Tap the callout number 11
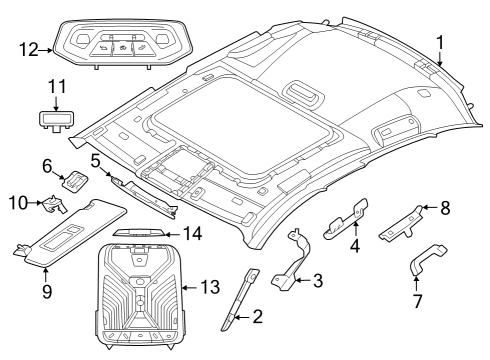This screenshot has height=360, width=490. [x=58, y=87]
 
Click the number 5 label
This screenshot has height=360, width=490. [x=94, y=160]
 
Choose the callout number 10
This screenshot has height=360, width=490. [x=16, y=202]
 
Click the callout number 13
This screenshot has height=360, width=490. [x=209, y=287]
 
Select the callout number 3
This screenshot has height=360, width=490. [x=318, y=281]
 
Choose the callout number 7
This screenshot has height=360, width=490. [x=419, y=301]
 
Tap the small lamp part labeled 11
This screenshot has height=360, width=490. [x=58, y=118]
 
